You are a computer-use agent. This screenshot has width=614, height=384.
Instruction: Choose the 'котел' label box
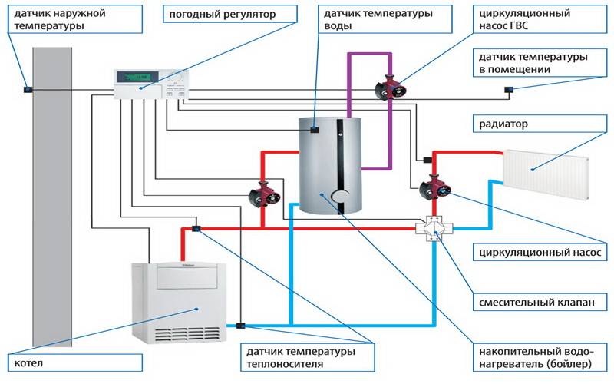click(74, 362)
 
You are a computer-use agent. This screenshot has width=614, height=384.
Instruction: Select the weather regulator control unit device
click(150, 84)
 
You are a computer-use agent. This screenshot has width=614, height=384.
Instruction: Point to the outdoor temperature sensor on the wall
click(28, 89)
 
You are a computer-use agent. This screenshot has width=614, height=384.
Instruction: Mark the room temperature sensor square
click(508, 90)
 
